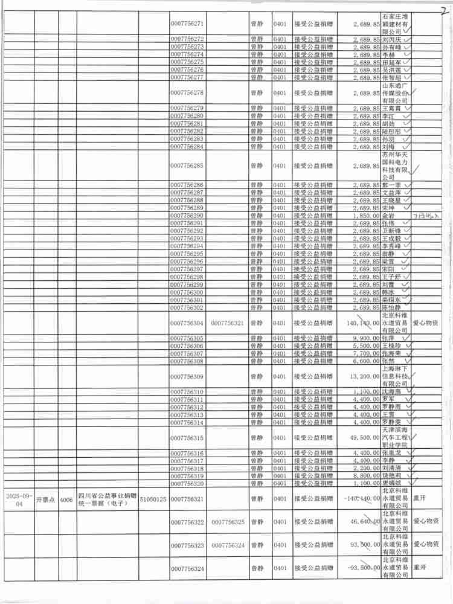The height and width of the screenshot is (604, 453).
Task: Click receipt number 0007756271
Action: pyautogui.click(x=187, y=23)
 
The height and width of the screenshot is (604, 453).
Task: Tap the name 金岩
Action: pyautogui.click(x=388, y=216)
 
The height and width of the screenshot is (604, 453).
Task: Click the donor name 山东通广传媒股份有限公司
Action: pyautogui.click(x=395, y=93)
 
